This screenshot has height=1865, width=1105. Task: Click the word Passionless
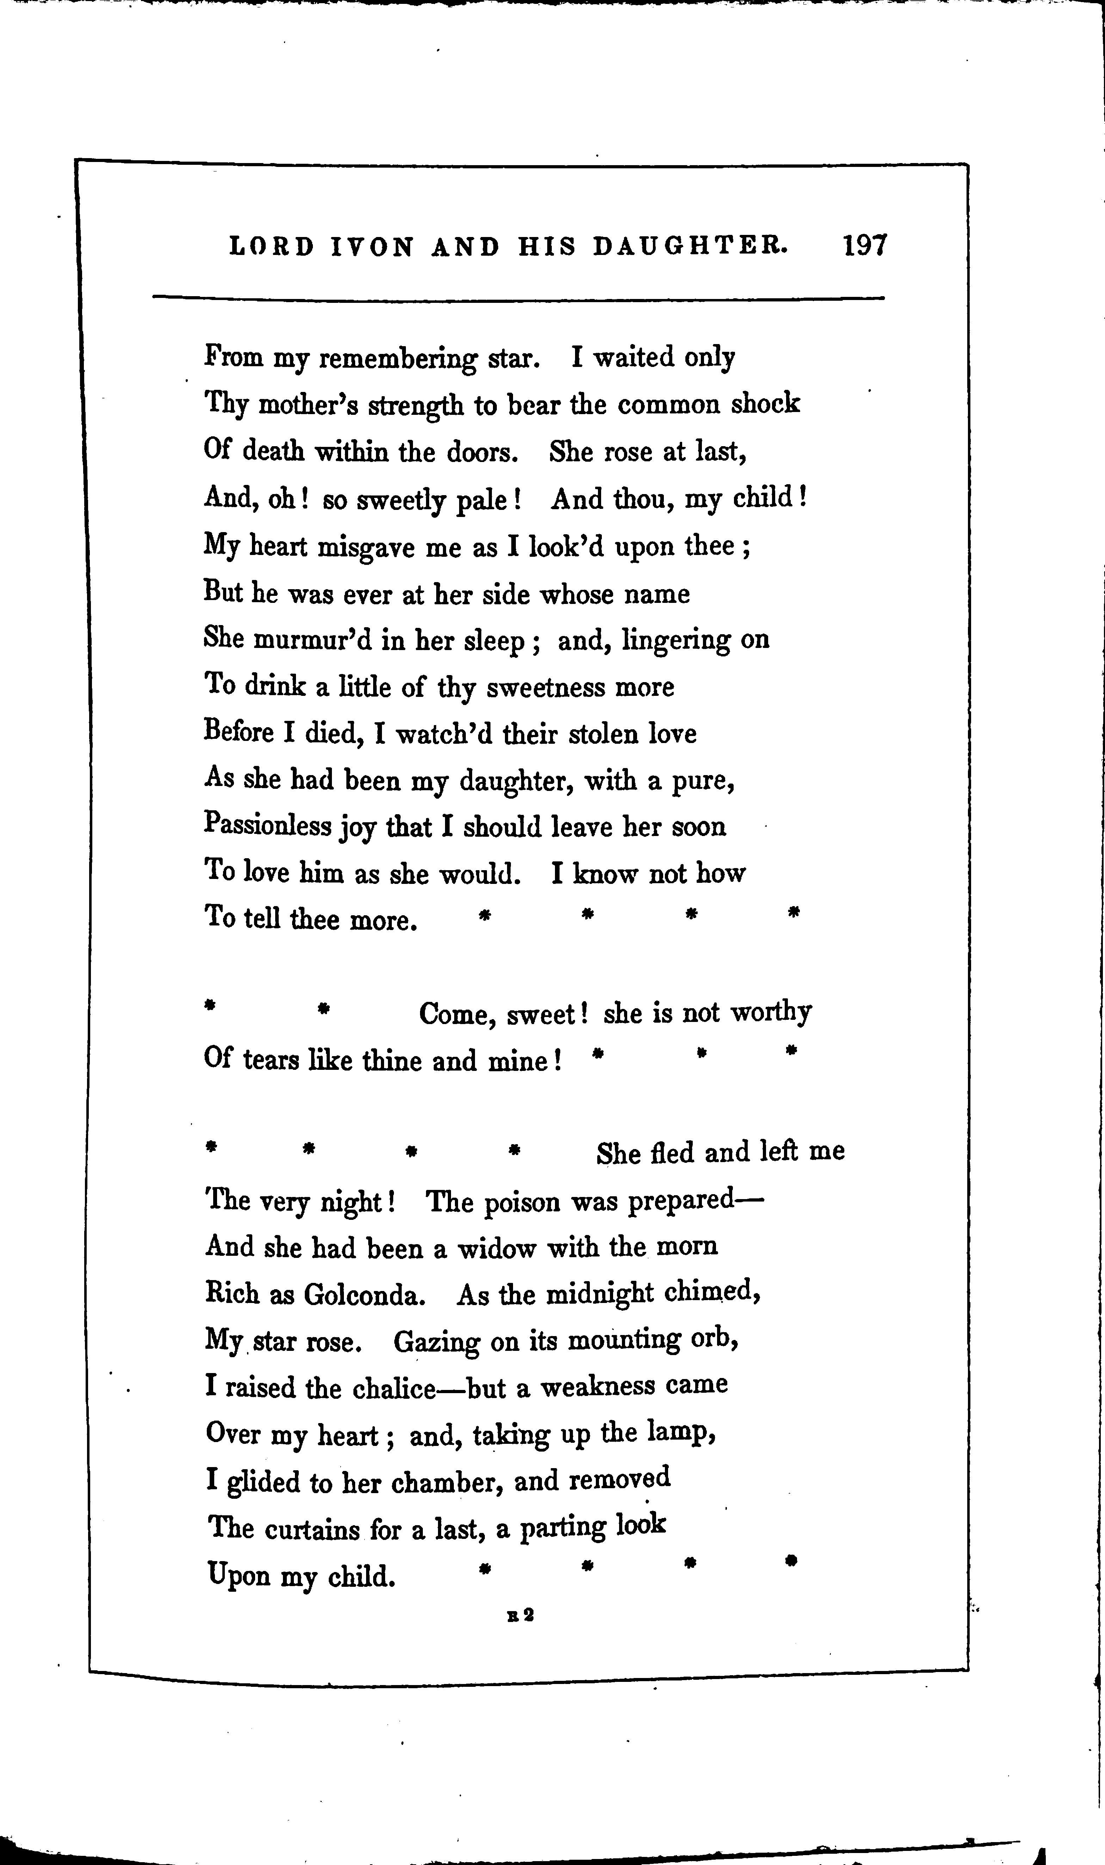267,826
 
